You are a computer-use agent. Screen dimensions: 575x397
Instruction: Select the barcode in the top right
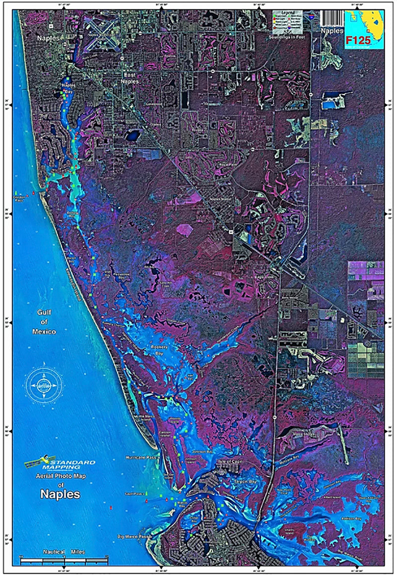click(331, 17)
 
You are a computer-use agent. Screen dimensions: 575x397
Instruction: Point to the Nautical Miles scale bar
click(65, 559)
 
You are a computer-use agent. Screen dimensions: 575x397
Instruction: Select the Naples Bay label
click(67, 88)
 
